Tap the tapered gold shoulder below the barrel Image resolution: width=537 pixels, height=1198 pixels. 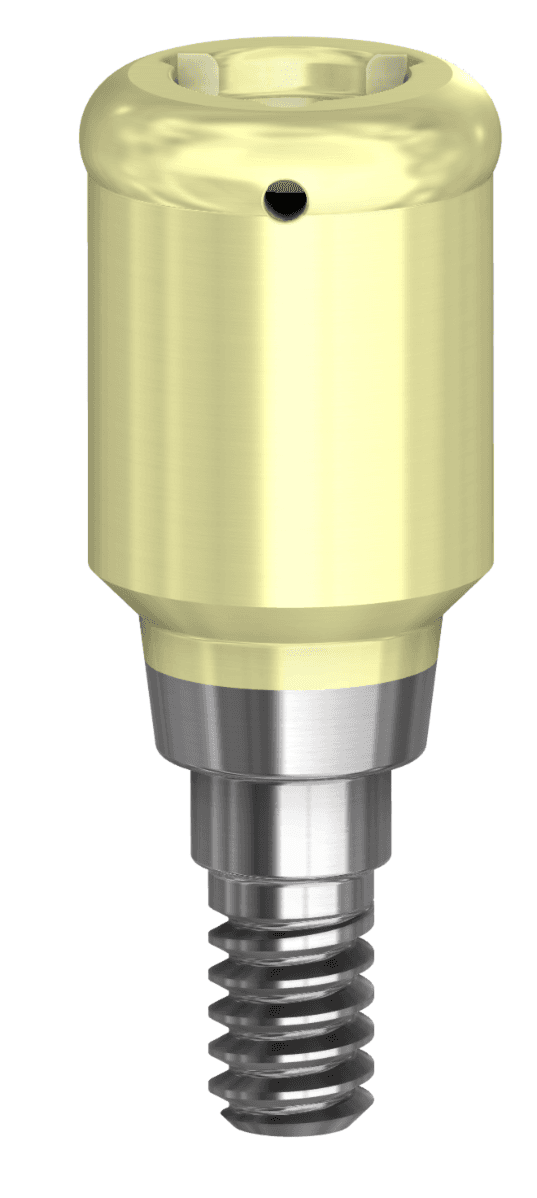coord(269,605)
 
